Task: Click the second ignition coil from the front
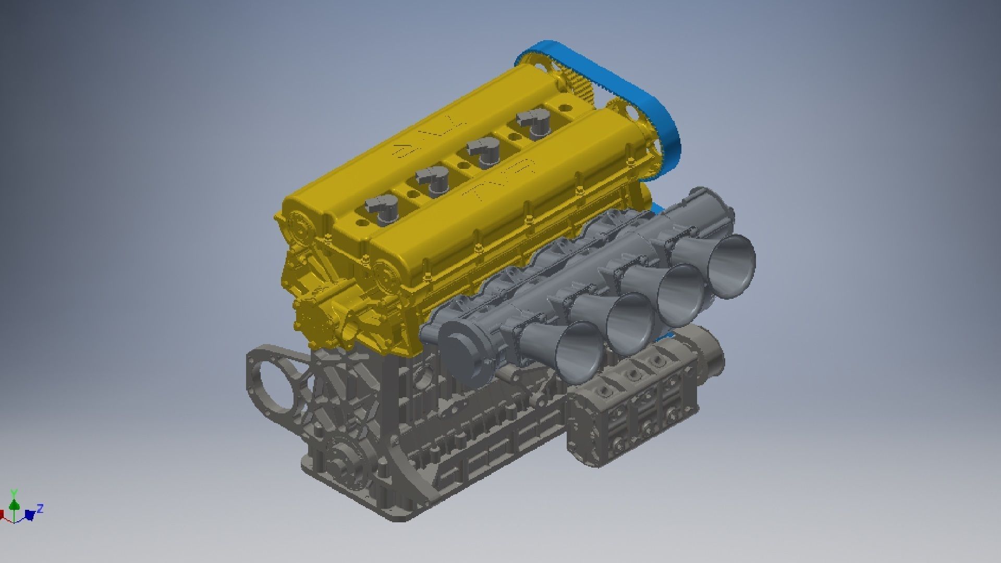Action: tap(434, 181)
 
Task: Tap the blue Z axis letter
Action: tap(40, 508)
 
